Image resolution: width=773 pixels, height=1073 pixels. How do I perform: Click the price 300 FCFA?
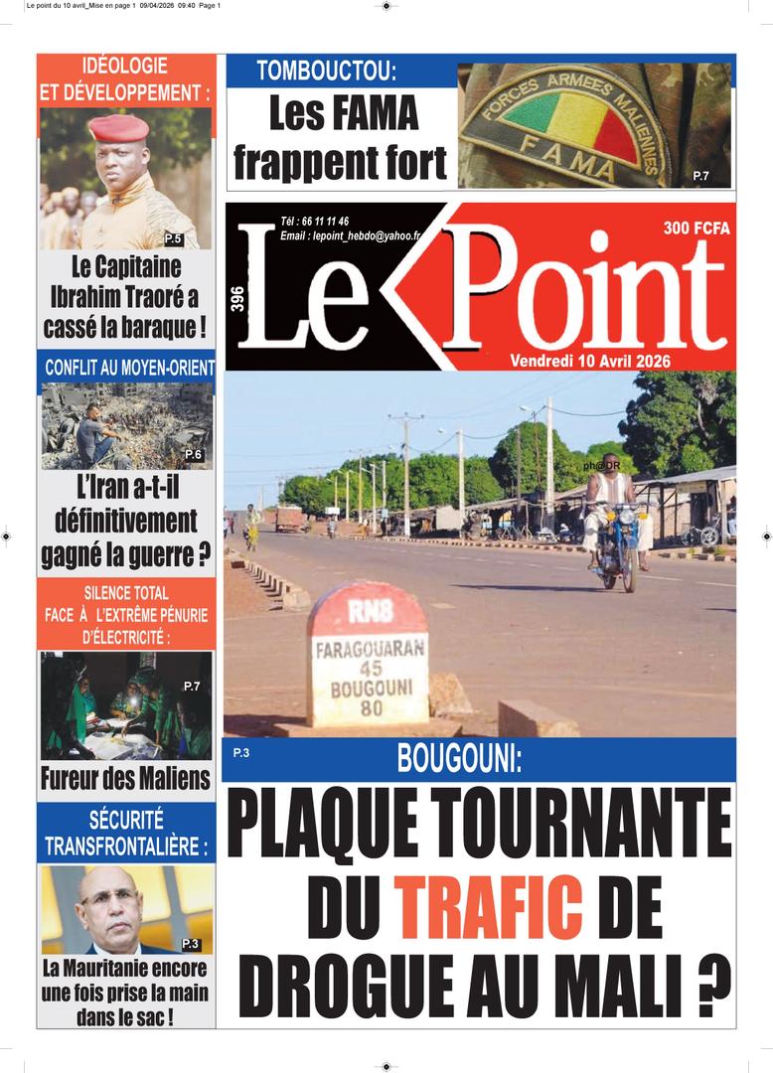[x=696, y=229]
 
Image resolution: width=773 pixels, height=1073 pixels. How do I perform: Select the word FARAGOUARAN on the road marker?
[x=370, y=649]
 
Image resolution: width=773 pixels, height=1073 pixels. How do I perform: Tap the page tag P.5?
[x=173, y=238]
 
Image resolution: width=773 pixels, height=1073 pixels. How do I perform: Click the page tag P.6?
[x=194, y=455]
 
